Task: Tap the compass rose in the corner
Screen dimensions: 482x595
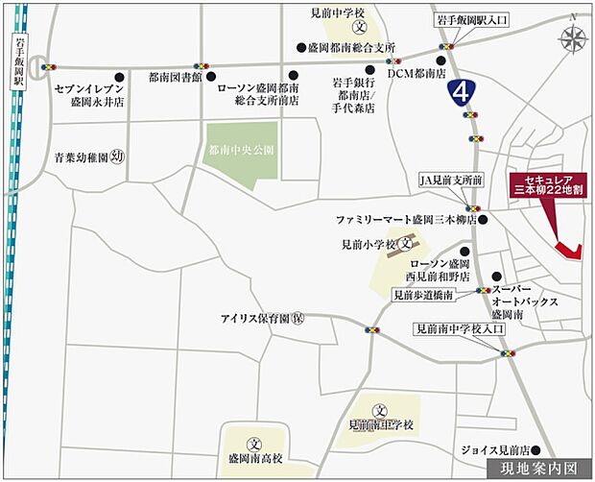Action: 575,39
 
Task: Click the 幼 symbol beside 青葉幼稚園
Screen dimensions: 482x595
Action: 117,155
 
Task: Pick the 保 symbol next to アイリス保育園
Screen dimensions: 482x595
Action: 299,317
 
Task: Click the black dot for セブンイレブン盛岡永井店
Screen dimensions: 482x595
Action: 120,74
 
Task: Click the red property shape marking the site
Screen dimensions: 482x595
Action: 568,251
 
